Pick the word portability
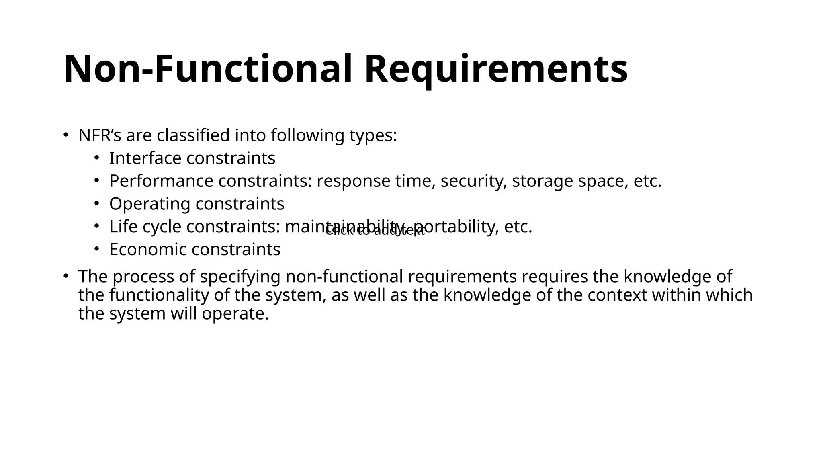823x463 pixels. (456, 227)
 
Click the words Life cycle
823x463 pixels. (145, 227)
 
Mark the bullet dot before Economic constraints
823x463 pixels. (96, 249)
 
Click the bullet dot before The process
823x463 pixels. (66, 276)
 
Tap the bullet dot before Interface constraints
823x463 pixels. (96, 158)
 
